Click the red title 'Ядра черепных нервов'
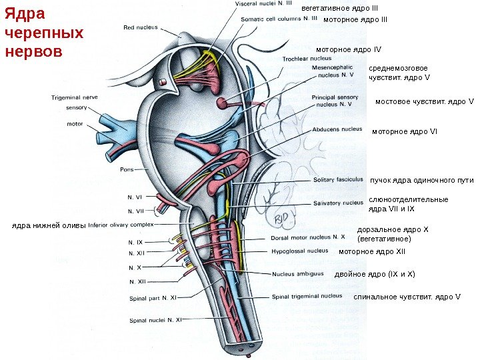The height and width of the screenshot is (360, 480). [x=45, y=32]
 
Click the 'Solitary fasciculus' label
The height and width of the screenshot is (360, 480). [x=338, y=180]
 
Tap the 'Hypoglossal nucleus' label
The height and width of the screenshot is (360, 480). [x=299, y=251]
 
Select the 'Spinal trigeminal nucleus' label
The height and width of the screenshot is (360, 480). [x=307, y=296]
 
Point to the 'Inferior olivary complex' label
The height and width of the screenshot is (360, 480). [x=121, y=225]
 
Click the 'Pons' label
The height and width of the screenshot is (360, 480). [x=127, y=169]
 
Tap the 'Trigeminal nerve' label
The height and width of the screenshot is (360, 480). [x=75, y=97]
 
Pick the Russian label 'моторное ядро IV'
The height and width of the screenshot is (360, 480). [x=349, y=49]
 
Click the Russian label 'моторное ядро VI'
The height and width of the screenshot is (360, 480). [x=404, y=131]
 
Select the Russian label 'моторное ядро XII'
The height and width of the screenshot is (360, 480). [x=372, y=252]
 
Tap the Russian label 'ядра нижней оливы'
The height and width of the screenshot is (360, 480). [x=49, y=225]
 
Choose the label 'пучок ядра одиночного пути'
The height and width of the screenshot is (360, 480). [x=421, y=180]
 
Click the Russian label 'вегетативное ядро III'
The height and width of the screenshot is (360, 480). [x=340, y=8]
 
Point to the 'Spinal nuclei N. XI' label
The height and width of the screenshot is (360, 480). [x=155, y=320]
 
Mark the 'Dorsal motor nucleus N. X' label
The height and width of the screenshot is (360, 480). [x=308, y=237]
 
